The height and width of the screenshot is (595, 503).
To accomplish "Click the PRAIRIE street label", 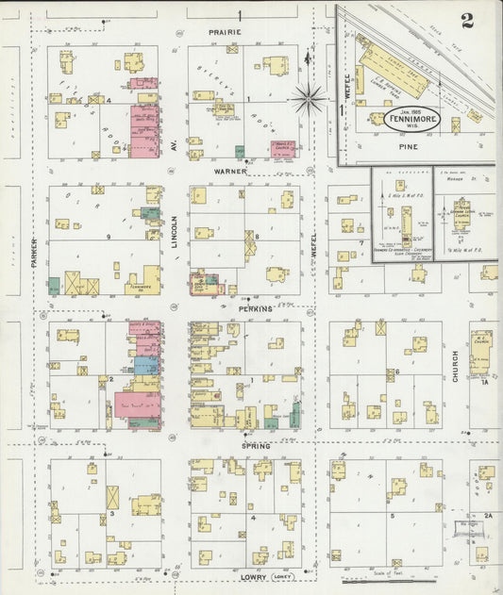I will pos(226,32).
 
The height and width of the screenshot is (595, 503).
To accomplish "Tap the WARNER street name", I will pos(230,172).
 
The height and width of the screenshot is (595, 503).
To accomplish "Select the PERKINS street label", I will pos(255,308).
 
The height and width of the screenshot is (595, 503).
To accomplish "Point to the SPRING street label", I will pos(255,445).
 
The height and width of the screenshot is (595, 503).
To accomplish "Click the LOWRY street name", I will pos(254,576).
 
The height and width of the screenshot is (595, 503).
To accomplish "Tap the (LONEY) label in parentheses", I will pos(284,576).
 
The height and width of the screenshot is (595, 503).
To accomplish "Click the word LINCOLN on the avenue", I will pos(175,231).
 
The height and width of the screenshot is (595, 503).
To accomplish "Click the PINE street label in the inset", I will pos(409,147).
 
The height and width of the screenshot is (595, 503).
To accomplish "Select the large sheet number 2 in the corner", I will pos(468,21).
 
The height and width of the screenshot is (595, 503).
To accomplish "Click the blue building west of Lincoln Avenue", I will pos(146,366).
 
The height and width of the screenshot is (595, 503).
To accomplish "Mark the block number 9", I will pos(109,236).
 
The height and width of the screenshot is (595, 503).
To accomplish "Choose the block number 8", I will pos(256,236).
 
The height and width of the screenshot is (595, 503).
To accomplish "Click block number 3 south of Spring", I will pos(111,513).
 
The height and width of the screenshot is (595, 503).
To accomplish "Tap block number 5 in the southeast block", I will pos(390,517).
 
